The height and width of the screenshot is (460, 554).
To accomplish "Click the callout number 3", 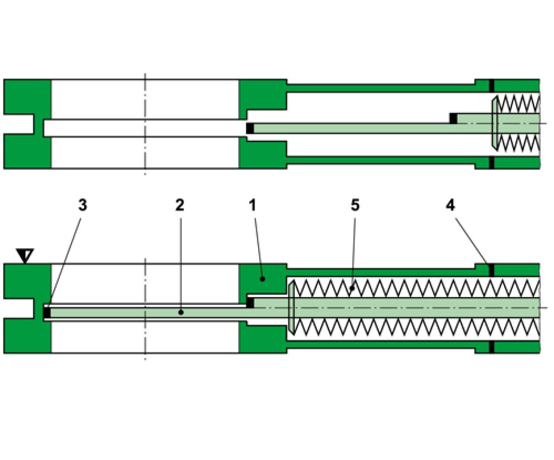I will (83, 206).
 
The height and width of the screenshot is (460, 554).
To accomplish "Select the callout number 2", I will (179, 206).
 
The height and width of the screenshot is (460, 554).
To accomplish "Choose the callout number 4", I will (450, 206).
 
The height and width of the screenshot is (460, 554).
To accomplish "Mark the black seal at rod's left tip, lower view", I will (47, 312).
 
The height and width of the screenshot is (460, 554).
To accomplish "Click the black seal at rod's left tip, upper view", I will (250, 129).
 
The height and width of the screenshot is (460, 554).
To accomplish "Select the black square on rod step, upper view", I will (453, 118).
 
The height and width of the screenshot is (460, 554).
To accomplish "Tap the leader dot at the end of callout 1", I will (263, 278).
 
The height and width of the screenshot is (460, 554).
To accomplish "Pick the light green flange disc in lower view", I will (290, 307).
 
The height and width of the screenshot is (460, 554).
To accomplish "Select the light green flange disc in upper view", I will (494, 122).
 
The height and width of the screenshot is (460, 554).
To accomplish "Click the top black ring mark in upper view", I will (491, 85).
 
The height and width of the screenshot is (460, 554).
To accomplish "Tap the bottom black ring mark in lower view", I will (491, 347).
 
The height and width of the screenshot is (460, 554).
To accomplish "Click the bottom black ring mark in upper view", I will (491, 162).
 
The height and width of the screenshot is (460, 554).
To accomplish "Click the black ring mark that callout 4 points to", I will (491, 270).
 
